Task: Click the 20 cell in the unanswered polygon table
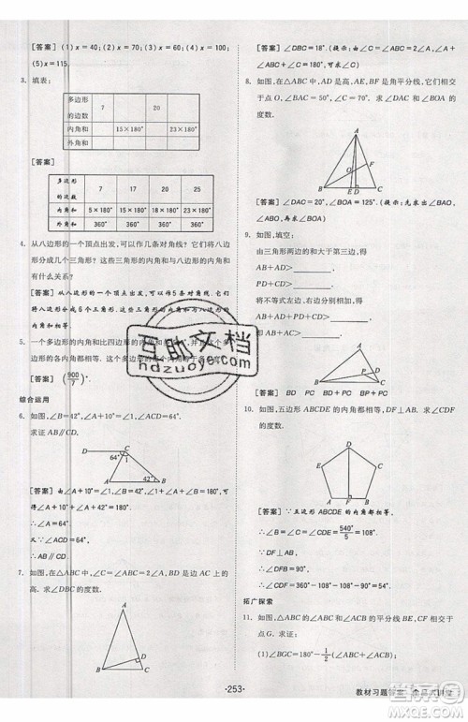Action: point(156,108)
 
